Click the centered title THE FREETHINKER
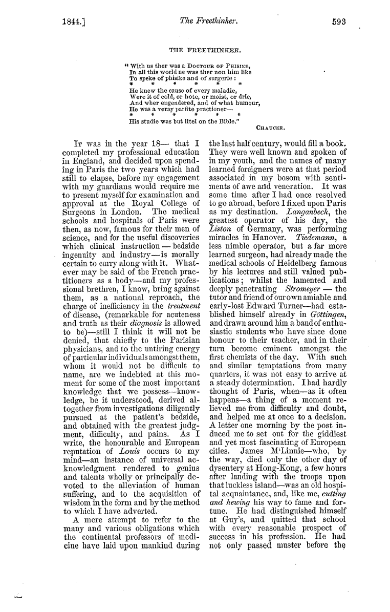(197, 50)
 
